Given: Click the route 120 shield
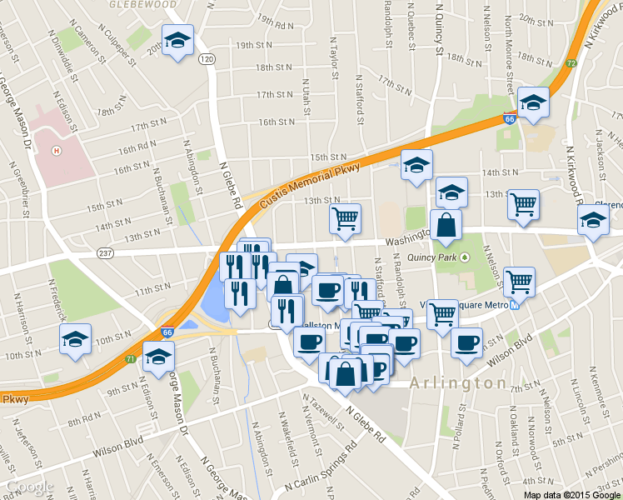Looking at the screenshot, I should tap(207, 58).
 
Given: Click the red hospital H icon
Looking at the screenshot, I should tap(56, 151).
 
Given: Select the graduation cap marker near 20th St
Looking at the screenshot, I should tap(177, 39).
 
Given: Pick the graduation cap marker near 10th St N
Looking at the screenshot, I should tap(76, 339).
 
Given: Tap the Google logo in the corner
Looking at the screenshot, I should tap(30, 487).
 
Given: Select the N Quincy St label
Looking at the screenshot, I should tap(439, 28).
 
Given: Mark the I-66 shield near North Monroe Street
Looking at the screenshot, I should tap(509, 119).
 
